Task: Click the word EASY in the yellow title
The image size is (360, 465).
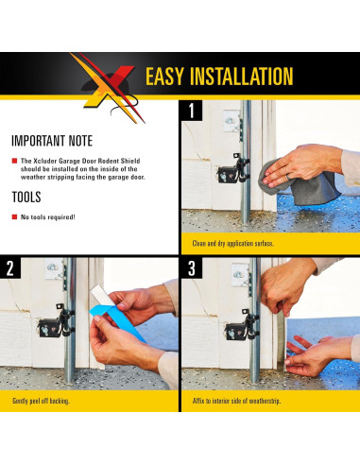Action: click(x=164, y=76)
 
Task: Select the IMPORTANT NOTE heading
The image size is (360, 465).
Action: click(x=52, y=141)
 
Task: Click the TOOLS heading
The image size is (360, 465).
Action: click(x=26, y=198)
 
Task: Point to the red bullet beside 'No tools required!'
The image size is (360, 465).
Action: click(x=14, y=216)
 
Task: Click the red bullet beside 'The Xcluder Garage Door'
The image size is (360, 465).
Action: click(x=14, y=161)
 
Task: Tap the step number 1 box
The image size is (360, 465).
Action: click(x=192, y=111)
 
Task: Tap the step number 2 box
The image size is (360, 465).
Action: click(x=10, y=267)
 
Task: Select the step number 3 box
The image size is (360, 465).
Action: click(x=192, y=267)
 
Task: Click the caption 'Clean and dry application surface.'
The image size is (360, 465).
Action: click(x=232, y=244)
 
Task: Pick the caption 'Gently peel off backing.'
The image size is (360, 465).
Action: click(x=41, y=401)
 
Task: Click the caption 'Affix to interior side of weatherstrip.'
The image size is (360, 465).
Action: click(x=236, y=401)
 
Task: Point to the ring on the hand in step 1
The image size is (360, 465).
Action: click(x=288, y=177)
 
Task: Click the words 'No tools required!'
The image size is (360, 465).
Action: click(x=48, y=217)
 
